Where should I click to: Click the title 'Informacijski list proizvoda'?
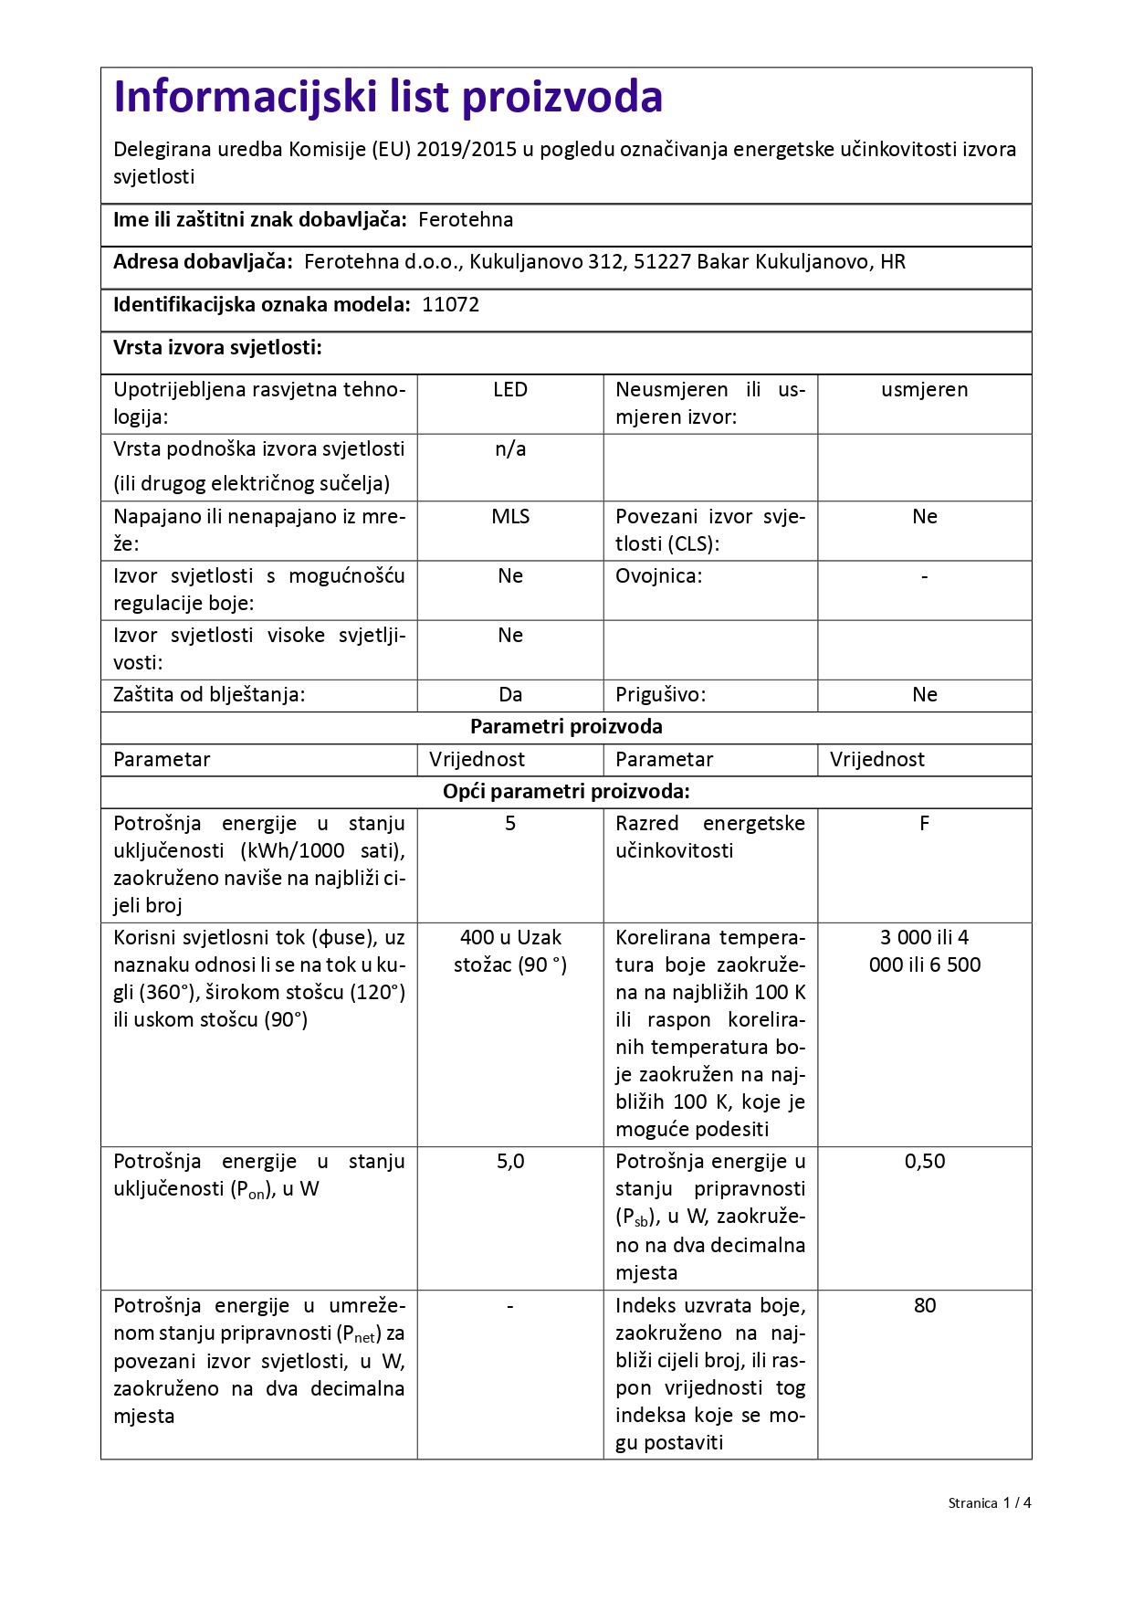coord(388,98)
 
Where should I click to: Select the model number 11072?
coord(450,305)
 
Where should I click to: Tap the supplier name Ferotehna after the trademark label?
coord(466,220)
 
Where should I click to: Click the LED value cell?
coord(510,390)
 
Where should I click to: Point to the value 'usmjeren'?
coord(924,390)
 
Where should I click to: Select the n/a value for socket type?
coord(510,449)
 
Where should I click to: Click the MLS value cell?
coord(510,517)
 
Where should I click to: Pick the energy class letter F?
coord(924,824)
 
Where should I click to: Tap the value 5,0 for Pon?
coord(510,1162)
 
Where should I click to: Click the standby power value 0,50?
coord(924,1162)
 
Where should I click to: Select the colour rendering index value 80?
coord(924,1306)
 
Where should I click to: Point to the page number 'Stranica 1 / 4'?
coord(989,1503)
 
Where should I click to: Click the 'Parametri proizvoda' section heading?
coord(566,727)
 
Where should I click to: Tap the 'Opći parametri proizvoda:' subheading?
coord(566,792)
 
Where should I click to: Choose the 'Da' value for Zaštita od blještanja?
coord(510,695)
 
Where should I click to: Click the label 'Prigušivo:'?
coord(660,695)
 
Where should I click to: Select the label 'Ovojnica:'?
coord(658,576)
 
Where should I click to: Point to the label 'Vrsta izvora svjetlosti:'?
coord(217,348)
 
